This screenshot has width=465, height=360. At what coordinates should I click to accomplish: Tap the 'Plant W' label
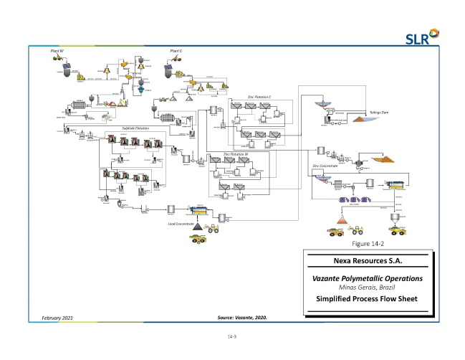click(57, 51)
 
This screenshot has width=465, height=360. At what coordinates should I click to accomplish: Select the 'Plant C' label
click(176, 51)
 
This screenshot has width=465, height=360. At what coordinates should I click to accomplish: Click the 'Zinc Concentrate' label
click(326, 166)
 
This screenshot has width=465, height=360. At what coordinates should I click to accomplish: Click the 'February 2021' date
click(52, 316)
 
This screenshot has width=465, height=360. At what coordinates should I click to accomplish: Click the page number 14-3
click(232, 336)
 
